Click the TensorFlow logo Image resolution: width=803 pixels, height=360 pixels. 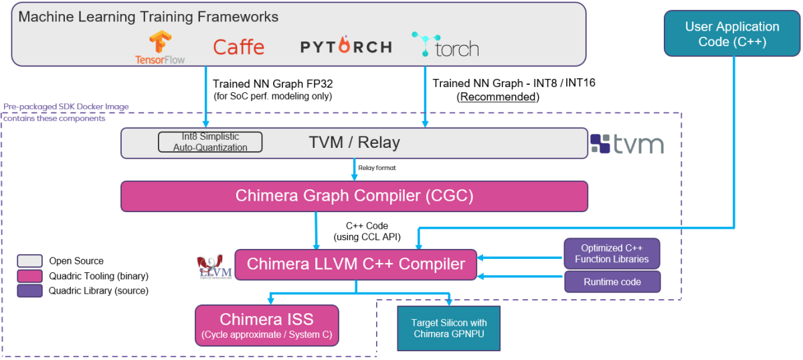pos(160,47)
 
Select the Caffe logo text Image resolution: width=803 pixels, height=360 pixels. pos(238,47)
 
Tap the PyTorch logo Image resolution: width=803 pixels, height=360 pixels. pos(345,47)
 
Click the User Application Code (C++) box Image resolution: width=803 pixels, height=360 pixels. pos(732,34)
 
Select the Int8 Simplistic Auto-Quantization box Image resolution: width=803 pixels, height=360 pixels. pos(210,142)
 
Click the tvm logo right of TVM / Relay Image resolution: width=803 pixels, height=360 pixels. pos(626,144)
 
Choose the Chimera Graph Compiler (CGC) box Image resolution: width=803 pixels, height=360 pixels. pos(354,196)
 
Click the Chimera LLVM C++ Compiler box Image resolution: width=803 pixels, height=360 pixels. pos(355,264)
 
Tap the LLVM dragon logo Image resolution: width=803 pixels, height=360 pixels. pos(214,266)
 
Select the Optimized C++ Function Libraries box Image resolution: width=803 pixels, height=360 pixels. pos(612,254)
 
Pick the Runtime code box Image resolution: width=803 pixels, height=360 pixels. pos(612,282)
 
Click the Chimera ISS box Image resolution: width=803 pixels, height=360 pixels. pos(266,325)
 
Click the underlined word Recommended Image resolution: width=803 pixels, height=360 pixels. pos(497,96)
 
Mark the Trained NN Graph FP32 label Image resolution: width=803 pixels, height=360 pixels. pos(272,84)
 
